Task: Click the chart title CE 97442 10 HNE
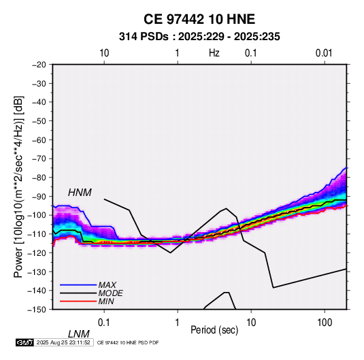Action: tap(199, 19)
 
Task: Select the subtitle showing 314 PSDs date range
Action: tap(199, 37)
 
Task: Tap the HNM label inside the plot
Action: tap(80, 193)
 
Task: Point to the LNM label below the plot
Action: tap(78, 334)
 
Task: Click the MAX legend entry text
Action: tap(107, 284)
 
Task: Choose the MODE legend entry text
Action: tap(110, 293)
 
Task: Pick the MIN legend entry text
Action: tap(106, 301)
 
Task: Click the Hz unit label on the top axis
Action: tap(214, 53)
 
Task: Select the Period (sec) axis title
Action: tap(214, 330)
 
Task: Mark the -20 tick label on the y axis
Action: tap(39, 65)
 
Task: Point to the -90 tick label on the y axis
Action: tap(39, 196)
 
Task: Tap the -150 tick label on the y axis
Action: tap(37, 310)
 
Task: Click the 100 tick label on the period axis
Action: tap(325, 323)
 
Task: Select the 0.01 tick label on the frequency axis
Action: tap(324, 53)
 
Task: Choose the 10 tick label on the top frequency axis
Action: tap(104, 53)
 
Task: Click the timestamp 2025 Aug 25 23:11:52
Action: tap(63, 342)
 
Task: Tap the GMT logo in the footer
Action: tap(25, 342)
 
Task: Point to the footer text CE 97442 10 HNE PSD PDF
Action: tap(128, 342)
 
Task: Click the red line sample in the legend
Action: tap(78, 301)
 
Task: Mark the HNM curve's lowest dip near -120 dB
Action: tap(170, 252)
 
